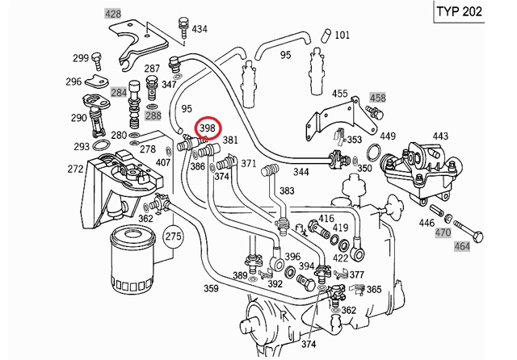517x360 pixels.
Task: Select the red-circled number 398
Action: [208, 128]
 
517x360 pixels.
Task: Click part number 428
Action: [112, 15]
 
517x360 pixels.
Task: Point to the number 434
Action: [199, 29]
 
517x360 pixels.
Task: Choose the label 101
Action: [342, 35]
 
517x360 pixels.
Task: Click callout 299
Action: [80, 57]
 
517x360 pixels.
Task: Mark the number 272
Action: [75, 170]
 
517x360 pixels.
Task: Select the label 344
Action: [301, 172]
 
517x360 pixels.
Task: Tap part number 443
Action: [440, 136]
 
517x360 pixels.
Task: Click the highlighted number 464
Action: [462, 245]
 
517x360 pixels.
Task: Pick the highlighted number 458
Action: [377, 98]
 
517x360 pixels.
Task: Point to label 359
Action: [211, 288]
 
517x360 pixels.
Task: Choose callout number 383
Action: [288, 190]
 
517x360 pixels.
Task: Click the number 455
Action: [340, 94]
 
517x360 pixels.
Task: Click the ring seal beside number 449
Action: [374, 153]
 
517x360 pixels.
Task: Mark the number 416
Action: [326, 219]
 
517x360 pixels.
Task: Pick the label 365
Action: [374, 288]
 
